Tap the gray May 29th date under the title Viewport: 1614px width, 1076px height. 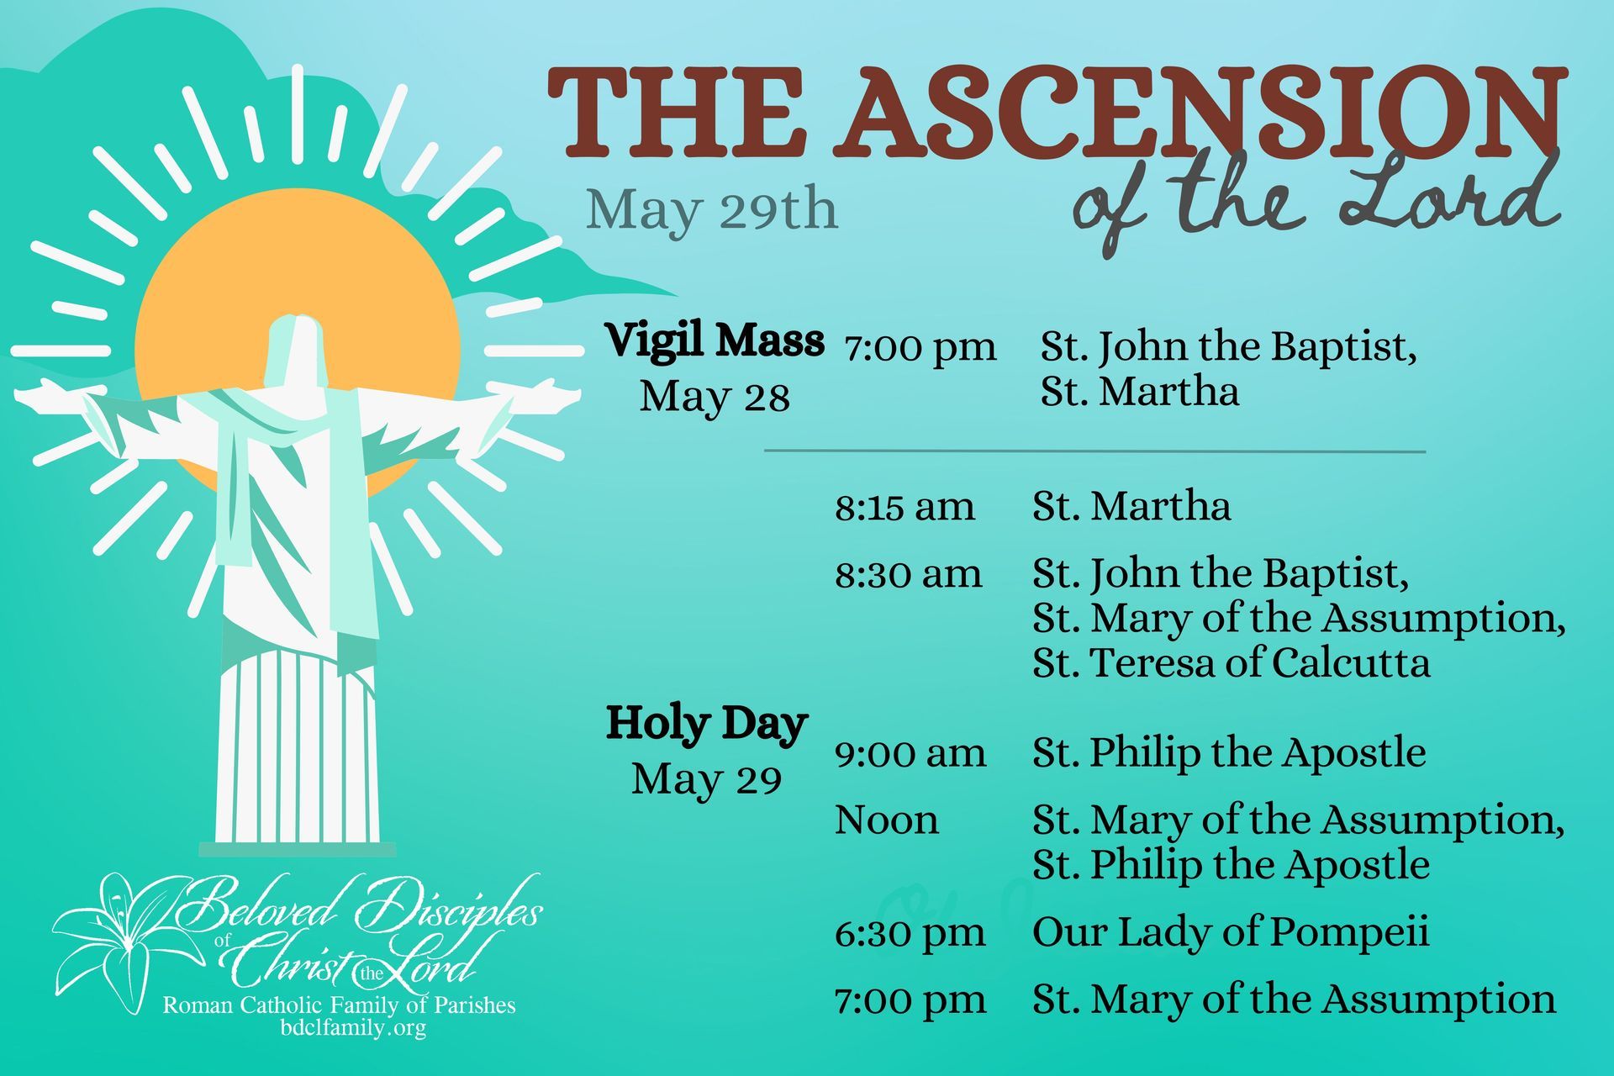(x=711, y=209)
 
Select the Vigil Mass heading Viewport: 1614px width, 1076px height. (x=715, y=341)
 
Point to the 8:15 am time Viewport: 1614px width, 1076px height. (x=905, y=507)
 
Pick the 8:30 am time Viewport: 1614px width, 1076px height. (x=908, y=574)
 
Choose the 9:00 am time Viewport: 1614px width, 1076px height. (x=910, y=753)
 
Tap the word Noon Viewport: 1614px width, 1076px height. (x=886, y=820)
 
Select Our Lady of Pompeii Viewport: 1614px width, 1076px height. (x=1231, y=932)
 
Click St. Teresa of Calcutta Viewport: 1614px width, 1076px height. (x=1231, y=663)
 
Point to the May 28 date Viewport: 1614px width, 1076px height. (x=715, y=397)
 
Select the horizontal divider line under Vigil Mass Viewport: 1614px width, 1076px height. (x=1094, y=451)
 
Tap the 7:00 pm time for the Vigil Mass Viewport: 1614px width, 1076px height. (x=920, y=346)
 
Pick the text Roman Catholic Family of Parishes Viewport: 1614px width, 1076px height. (x=339, y=1005)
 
